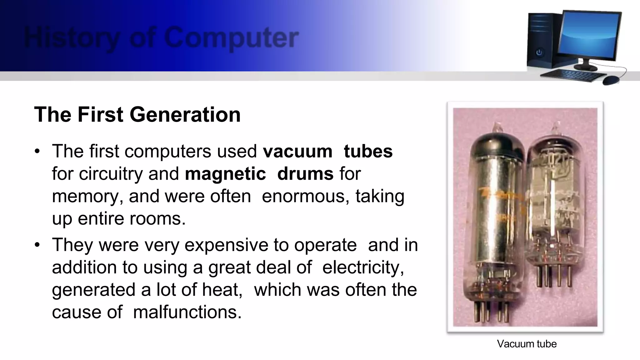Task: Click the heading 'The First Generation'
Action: (137, 114)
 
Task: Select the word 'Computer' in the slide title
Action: (231, 38)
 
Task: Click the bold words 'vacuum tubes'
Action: (327, 152)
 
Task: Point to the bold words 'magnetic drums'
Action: (259, 174)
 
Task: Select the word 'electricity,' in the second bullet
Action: (363, 267)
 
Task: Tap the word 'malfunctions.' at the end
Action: (187, 312)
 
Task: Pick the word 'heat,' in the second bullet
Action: (222, 290)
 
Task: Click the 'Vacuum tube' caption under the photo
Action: (527, 344)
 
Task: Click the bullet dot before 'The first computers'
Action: (37, 152)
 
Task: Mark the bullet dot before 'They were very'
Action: (37, 245)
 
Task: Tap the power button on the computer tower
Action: (539, 52)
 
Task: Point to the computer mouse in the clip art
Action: (611, 80)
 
